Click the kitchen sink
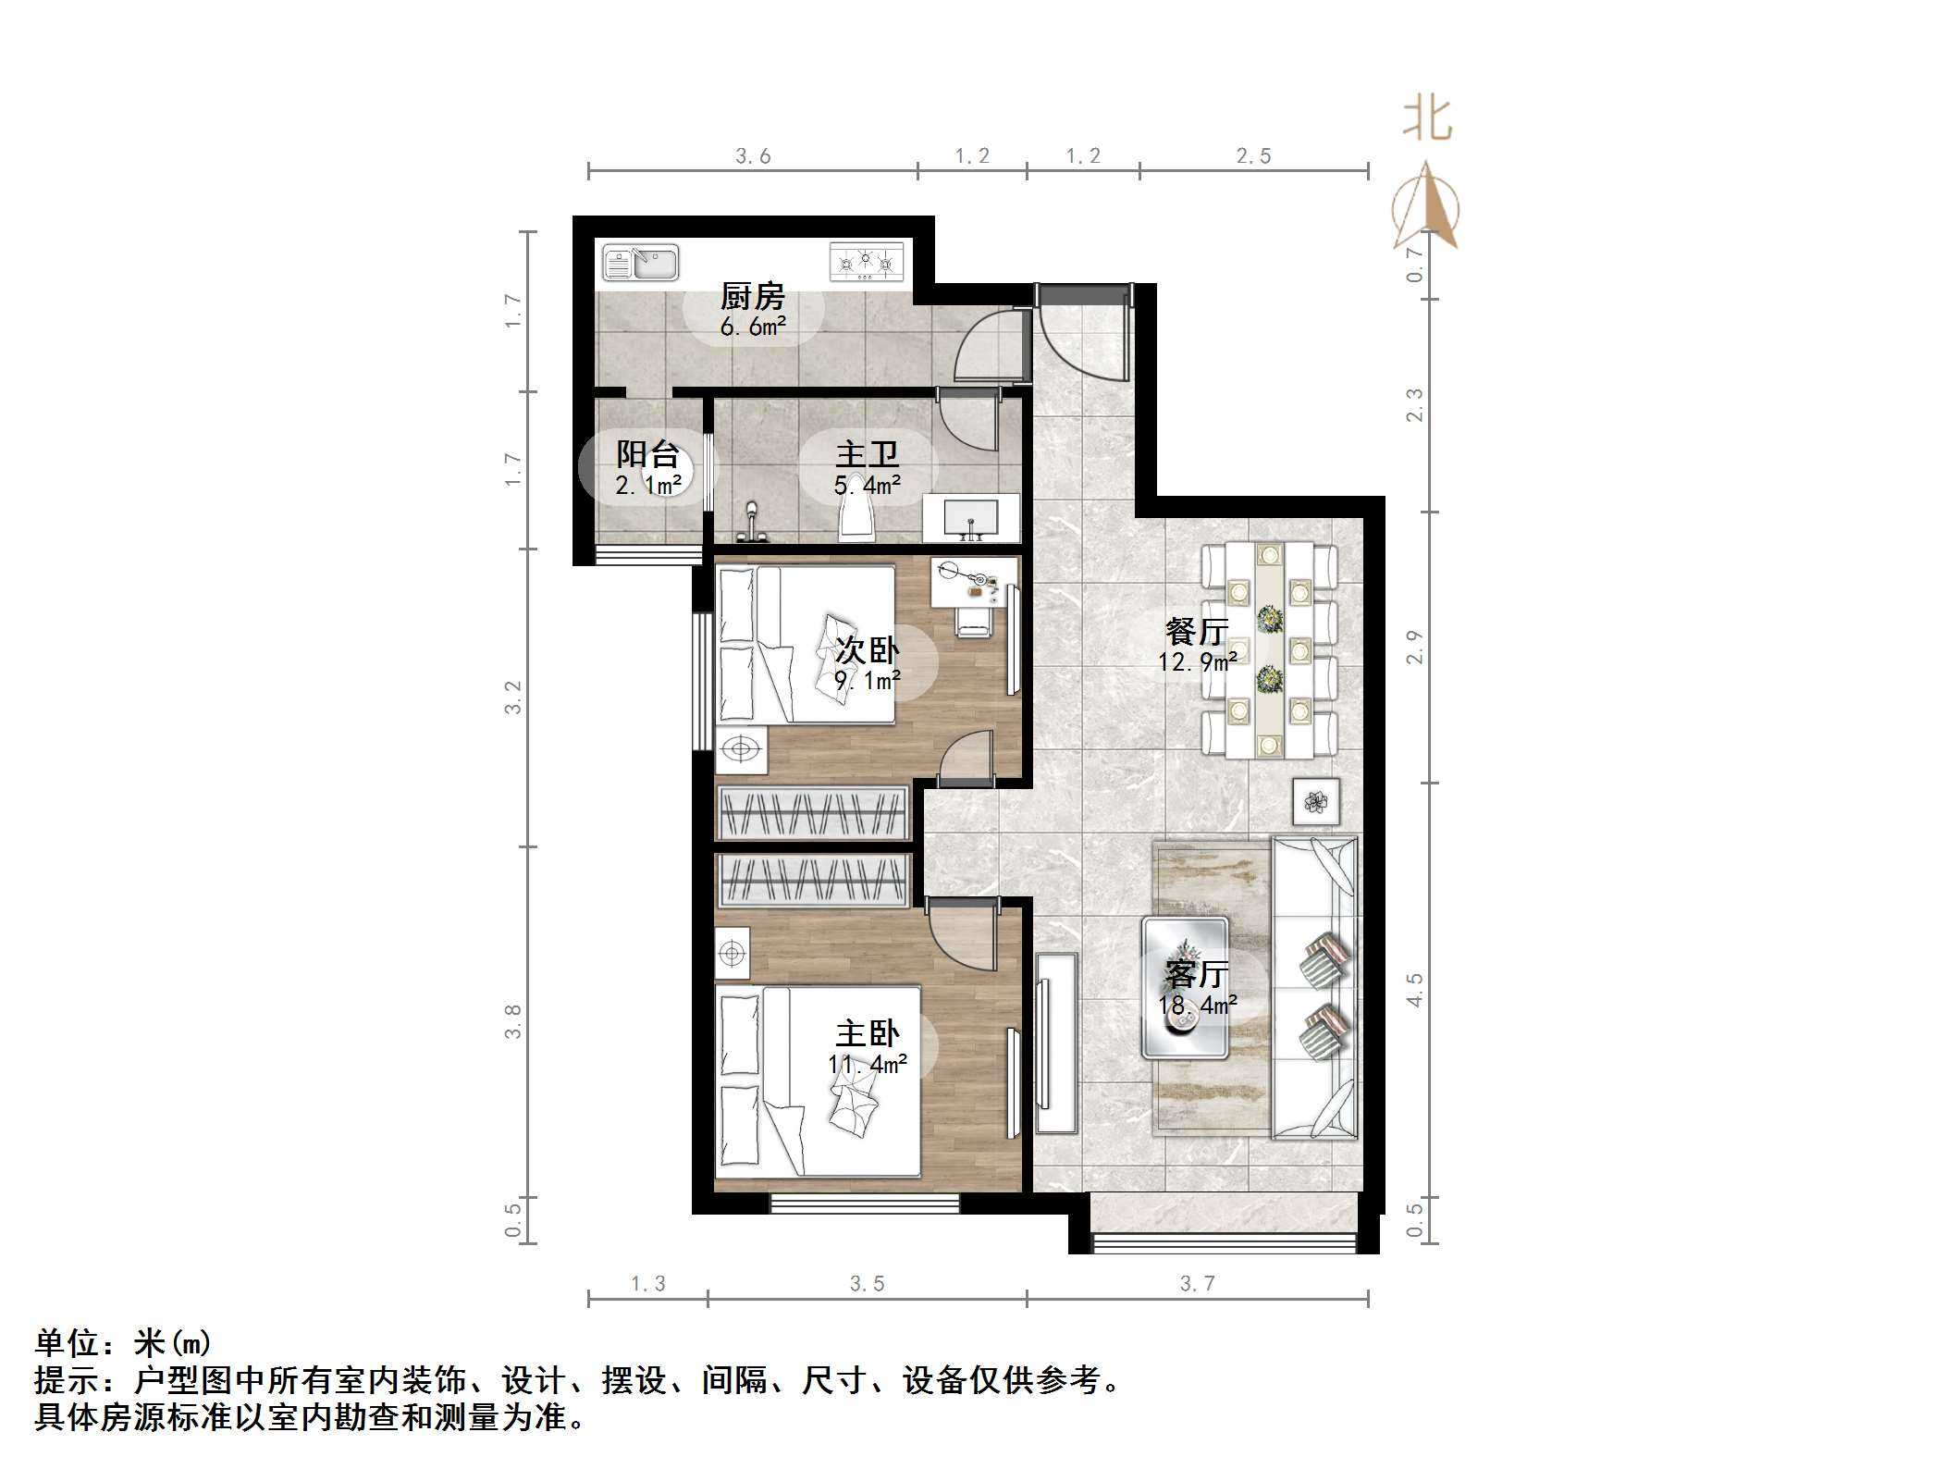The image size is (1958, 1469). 640,263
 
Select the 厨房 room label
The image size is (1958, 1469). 752,298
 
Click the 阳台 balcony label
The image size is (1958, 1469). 647,455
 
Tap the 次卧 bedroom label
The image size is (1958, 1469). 867,651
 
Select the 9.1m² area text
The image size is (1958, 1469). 867,682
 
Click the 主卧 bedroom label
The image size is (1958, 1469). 867,1033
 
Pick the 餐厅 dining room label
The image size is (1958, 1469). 1197,633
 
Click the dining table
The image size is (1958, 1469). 1269,649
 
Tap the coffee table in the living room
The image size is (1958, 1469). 1186,987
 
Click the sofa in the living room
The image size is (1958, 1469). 1314,987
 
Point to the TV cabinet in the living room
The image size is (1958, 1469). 1056,1043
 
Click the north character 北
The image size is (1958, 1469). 1426,120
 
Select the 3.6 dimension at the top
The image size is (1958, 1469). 753,156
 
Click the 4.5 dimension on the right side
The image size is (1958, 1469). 1414,990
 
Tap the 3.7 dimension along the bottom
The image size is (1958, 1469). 1197,1283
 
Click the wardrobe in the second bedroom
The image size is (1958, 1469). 813,813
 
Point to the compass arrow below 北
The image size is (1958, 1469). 1426,208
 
